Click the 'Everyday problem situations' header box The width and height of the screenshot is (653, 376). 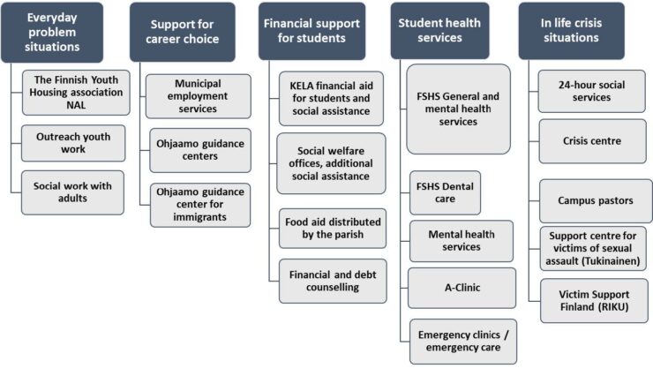point(52,33)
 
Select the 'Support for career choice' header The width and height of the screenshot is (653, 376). point(183,32)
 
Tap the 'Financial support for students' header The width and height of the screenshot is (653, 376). point(311,31)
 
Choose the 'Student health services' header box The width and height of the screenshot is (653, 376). point(439,31)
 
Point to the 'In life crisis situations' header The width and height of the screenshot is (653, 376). point(572,31)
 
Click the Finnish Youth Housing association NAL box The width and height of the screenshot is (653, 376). point(76,93)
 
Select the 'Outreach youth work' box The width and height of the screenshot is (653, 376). point(73,143)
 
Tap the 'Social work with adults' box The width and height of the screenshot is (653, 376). point(72,192)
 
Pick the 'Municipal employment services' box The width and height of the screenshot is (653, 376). point(199,96)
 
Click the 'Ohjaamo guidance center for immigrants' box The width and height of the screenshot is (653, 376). point(200,205)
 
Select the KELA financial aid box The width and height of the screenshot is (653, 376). point(331,99)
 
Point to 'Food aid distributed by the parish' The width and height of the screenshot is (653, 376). point(333,229)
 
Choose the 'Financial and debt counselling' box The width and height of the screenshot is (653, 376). point(333,281)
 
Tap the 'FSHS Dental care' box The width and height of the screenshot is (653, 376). point(446,192)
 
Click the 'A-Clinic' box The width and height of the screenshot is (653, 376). point(462,288)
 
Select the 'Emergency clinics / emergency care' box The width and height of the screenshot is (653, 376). point(463,342)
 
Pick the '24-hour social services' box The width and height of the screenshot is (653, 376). point(592,91)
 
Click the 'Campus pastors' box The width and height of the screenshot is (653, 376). point(596,200)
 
